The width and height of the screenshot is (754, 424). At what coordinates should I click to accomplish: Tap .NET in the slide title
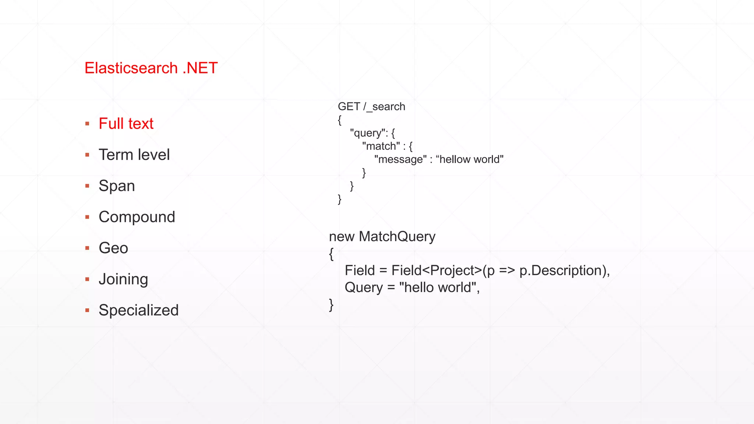pyautogui.click(x=200, y=68)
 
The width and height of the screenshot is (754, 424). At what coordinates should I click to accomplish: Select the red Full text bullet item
pyautogui.click(x=126, y=124)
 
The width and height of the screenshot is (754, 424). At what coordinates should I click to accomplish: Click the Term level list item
pyautogui.click(x=134, y=155)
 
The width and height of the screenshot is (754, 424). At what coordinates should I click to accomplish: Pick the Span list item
pyautogui.click(x=117, y=186)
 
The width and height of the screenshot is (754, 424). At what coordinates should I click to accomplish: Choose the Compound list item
pyautogui.click(x=137, y=217)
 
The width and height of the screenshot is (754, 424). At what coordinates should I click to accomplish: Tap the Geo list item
pyautogui.click(x=113, y=248)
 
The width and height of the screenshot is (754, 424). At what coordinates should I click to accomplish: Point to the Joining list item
pyautogui.click(x=123, y=279)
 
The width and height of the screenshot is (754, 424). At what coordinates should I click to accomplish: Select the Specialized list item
pyautogui.click(x=138, y=310)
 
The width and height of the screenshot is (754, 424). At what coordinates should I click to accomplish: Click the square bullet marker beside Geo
pyautogui.click(x=87, y=248)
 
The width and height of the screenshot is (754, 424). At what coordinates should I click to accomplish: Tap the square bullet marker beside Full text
pyautogui.click(x=87, y=124)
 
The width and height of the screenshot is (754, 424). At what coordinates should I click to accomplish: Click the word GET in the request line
pyautogui.click(x=349, y=107)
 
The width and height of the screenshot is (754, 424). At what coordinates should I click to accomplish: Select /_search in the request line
pyautogui.click(x=384, y=107)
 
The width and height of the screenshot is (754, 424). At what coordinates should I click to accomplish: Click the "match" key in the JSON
pyautogui.click(x=381, y=146)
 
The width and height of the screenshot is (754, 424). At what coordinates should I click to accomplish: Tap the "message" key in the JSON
pyautogui.click(x=400, y=160)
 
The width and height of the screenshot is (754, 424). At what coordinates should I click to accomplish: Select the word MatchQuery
pyautogui.click(x=397, y=237)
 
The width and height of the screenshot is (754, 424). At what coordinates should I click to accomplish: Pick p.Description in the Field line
pyautogui.click(x=561, y=271)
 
